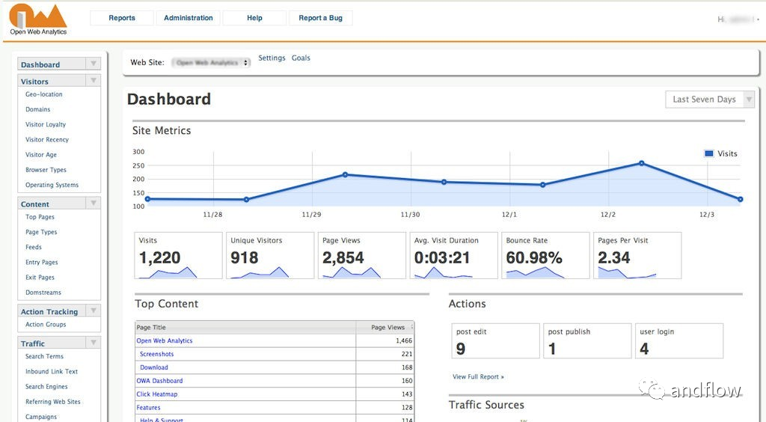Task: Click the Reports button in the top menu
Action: coord(122,18)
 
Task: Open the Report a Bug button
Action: coord(320,18)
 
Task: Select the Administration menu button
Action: coord(189,18)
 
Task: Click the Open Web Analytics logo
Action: coord(38,19)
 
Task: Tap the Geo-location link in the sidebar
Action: coord(44,94)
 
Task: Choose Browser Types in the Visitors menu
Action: coord(46,170)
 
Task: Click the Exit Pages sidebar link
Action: coord(40,278)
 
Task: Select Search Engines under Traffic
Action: coord(46,387)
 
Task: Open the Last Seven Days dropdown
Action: coord(710,100)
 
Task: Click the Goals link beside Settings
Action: coord(301,58)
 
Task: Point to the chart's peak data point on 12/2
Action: coord(642,163)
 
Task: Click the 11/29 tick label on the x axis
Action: coord(311,215)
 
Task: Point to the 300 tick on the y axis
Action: coord(138,152)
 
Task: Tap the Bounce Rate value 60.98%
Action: coord(534,257)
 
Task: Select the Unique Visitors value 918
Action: coord(245,257)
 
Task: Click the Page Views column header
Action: coord(387,327)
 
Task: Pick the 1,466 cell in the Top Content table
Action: coord(403,340)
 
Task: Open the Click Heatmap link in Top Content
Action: coord(157,394)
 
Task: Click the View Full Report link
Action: coord(478,376)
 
